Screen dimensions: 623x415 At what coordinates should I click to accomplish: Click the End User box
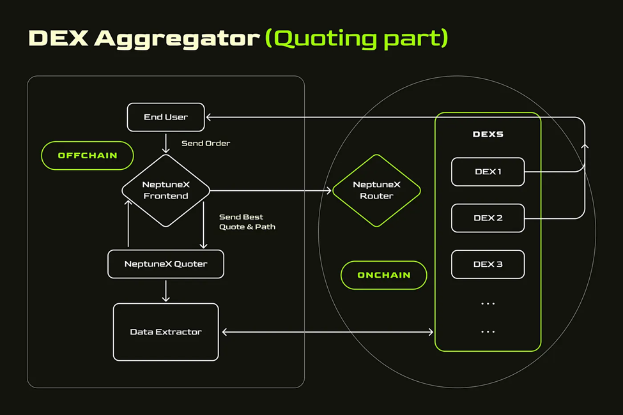coord(165,117)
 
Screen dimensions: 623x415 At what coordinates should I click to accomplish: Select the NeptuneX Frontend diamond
coord(165,191)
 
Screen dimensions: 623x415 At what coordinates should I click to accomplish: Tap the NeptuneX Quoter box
coord(165,264)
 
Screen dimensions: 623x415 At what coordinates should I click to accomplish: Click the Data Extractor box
coord(165,332)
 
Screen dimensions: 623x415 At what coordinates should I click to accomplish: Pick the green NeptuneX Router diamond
coord(376,191)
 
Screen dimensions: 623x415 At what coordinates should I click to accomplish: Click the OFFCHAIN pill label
coord(88,156)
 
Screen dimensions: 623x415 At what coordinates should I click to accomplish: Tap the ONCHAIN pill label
coord(384,275)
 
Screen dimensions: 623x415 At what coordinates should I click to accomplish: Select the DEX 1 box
coord(488,172)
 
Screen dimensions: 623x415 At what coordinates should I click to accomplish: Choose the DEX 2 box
coord(488,218)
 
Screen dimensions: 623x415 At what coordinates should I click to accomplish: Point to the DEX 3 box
coord(488,264)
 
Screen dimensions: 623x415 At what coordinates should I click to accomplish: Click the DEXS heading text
coord(488,134)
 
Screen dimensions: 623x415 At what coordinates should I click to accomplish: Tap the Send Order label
coord(206,144)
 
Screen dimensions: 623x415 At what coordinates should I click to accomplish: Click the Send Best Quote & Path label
coord(247,222)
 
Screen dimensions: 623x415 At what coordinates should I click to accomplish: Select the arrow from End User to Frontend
coord(166,144)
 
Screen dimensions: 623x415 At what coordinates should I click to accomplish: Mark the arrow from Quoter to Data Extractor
coord(166,291)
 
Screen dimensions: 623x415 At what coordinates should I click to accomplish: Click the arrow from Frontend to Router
coord(270,191)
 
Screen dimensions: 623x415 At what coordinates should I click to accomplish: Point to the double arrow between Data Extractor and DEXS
coord(328,332)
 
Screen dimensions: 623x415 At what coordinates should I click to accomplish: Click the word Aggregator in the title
coord(177,39)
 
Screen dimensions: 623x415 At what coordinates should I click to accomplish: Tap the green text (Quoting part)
coord(357,39)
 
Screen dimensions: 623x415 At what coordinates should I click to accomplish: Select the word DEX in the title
coord(58,38)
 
